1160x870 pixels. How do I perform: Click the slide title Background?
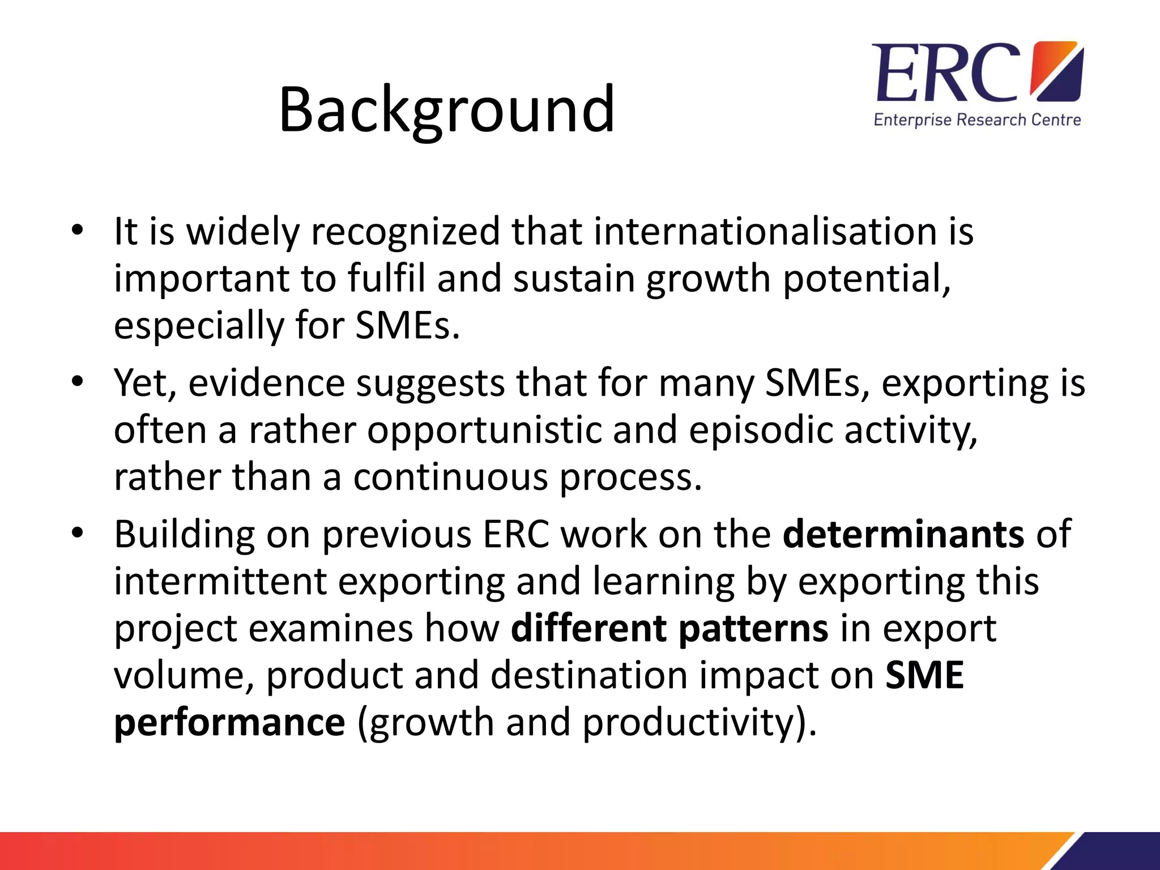tap(446, 109)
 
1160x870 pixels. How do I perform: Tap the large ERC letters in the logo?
tap(946, 72)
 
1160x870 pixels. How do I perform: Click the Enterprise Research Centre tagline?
tap(977, 120)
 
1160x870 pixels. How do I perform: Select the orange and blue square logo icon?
tap(1056, 71)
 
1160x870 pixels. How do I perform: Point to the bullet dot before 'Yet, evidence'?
tap(78, 382)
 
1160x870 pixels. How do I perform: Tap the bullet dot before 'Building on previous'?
tap(78, 533)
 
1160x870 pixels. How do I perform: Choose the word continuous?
tap(451, 477)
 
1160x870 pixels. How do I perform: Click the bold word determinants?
tap(903, 534)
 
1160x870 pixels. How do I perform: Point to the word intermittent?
tap(220, 581)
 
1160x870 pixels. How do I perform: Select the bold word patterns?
tap(753, 628)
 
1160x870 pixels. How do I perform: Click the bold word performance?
tap(229, 722)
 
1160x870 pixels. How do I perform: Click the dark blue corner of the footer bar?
tap(1124, 852)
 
